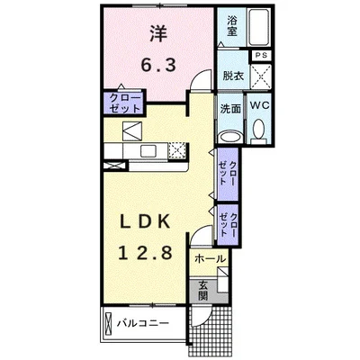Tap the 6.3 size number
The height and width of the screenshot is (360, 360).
click(x=158, y=65)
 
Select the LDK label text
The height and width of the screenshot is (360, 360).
click(x=145, y=222)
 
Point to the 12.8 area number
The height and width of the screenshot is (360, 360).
click(x=145, y=253)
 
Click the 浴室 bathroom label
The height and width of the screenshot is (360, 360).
click(x=232, y=25)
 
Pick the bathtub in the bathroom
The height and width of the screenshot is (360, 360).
click(x=259, y=27)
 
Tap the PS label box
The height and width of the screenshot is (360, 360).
click(x=261, y=56)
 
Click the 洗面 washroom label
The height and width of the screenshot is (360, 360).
click(x=230, y=109)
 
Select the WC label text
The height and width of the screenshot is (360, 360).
click(x=260, y=105)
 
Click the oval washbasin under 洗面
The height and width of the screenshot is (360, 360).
click(x=231, y=138)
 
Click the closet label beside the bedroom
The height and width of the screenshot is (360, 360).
click(x=125, y=103)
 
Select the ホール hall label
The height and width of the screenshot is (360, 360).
click(x=210, y=258)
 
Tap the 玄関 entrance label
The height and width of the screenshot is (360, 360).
click(x=203, y=292)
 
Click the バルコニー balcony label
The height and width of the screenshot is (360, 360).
click(x=143, y=323)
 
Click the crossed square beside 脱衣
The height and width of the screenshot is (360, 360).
click(x=261, y=76)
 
